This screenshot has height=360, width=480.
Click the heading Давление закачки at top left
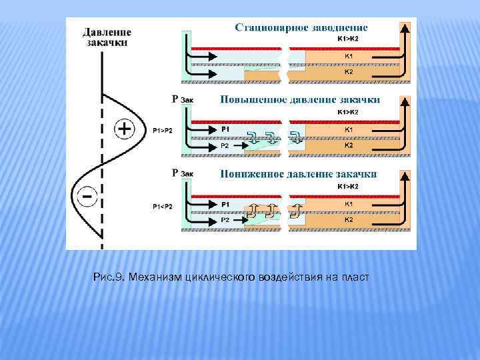107,37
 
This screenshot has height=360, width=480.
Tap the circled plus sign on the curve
125,129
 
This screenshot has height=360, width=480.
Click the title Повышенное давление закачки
300,99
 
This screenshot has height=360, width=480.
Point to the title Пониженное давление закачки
299,173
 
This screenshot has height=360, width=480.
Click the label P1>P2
162,131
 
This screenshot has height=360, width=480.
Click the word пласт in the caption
355,277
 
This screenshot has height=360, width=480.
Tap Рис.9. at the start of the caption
111,277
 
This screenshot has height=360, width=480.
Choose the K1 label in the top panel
348,57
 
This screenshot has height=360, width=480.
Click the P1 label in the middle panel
225,129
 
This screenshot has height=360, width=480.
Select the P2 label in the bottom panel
225,219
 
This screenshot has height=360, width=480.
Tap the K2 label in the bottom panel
348,219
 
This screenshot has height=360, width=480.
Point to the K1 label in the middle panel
348,129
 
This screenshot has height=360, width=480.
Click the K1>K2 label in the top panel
348,38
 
